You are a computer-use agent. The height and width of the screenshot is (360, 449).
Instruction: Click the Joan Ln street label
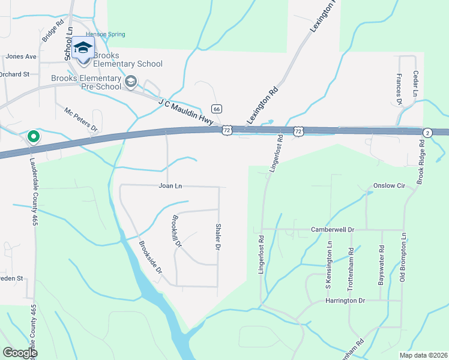pyautogui.click(x=170, y=186)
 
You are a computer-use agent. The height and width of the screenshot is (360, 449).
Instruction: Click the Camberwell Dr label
pyautogui.click(x=333, y=230)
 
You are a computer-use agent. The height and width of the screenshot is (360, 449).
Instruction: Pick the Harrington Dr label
pyautogui.click(x=345, y=300)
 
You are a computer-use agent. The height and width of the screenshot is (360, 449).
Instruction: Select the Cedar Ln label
pyautogui.click(x=415, y=84)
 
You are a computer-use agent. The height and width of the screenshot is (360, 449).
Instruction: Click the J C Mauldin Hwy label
pyautogui.click(x=186, y=112)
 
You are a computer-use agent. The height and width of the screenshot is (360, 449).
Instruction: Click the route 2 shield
pyautogui.click(x=427, y=132)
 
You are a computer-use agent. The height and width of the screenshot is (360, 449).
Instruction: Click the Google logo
pyautogui.click(x=20, y=353)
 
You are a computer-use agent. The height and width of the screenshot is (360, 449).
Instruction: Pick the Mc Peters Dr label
pyautogui.click(x=81, y=119)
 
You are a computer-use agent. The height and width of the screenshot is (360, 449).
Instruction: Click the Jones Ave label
pyautogui.click(x=21, y=56)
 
